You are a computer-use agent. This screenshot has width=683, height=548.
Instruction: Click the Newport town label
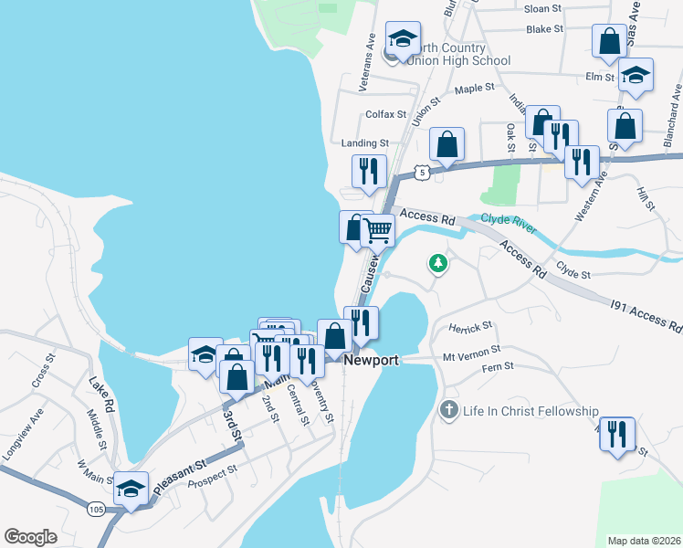(372, 360)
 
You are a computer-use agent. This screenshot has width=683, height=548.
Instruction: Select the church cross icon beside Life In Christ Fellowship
(448, 411)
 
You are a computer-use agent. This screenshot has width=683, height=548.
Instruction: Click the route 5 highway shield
(419, 171)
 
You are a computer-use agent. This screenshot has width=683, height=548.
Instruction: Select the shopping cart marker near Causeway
(377, 230)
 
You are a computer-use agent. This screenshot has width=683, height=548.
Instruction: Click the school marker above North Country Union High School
(401, 38)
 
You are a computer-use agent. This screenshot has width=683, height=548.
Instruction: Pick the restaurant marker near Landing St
(369, 171)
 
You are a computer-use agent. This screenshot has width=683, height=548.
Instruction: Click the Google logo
(31, 537)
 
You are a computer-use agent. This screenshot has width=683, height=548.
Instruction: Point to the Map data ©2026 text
(645, 540)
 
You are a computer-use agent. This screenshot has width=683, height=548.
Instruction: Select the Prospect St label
(212, 470)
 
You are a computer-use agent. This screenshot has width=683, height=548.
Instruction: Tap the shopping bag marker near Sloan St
(609, 41)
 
